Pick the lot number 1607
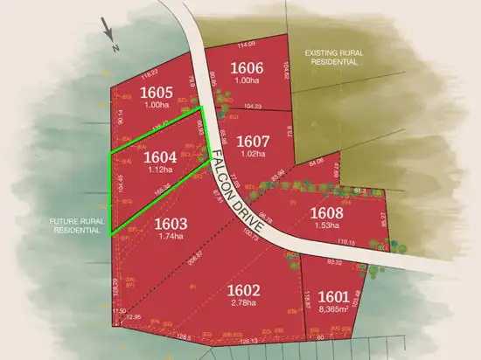[x=254, y=140]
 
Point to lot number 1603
[x=171, y=223]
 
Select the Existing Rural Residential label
[x=331, y=58]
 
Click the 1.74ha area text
[x=171, y=236]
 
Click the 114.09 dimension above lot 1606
[x=246, y=44]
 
